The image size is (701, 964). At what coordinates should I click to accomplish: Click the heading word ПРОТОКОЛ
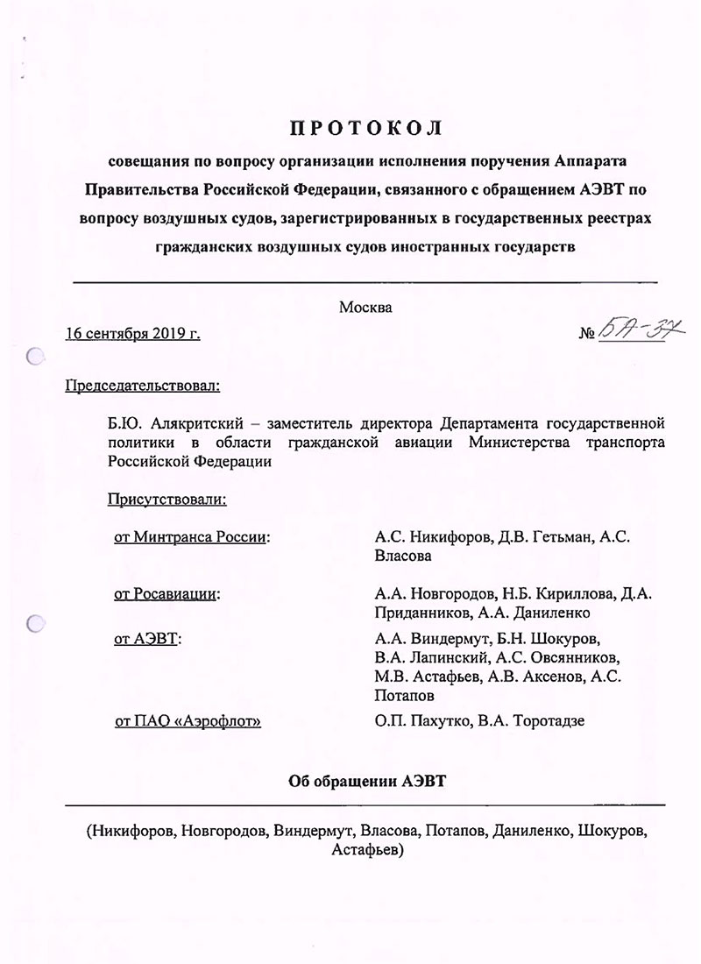point(367,128)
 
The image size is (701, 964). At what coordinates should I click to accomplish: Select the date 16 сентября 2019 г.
point(133,333)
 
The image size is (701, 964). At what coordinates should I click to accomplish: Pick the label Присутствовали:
point(166,500)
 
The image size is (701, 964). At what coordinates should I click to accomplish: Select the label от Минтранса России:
point(191,537)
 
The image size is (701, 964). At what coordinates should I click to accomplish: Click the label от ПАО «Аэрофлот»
point(188,721)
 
